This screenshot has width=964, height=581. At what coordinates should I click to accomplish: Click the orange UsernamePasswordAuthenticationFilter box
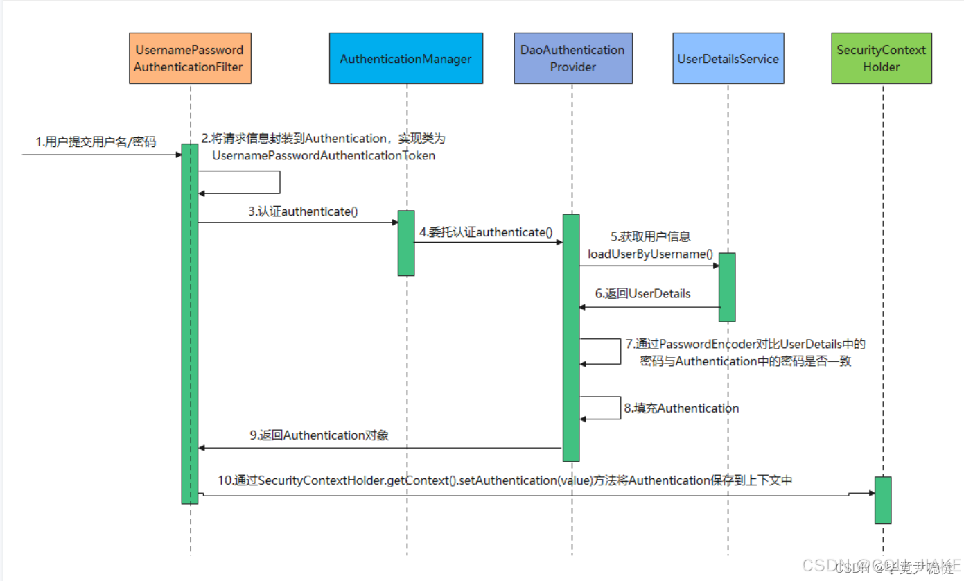coord(190,59)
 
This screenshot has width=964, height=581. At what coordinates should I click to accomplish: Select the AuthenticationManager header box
coord(405,59)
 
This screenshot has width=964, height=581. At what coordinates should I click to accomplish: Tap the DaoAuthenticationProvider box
coord(572,59)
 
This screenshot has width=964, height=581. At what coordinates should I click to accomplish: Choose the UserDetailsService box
coord(728,59)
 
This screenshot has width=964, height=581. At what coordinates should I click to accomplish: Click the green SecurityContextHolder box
coord(881,59)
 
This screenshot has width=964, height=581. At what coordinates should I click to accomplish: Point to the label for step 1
coord(96,142)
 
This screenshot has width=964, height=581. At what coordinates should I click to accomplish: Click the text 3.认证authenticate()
coord(304,211)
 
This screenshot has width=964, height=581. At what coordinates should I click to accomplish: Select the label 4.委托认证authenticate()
coord(485,232)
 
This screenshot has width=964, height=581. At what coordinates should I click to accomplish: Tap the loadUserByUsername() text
coord(650,254)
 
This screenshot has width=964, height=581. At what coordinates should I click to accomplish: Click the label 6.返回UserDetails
coord(642,293)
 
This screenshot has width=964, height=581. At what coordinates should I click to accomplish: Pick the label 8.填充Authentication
coord(681,408)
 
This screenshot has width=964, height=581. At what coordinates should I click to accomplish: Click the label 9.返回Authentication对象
coord(319,435)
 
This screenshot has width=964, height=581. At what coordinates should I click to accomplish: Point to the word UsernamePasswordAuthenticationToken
coord(324,156)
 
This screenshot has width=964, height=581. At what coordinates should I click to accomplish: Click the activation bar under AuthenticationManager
coord(406,243)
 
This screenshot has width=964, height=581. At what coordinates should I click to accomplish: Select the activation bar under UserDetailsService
coord(726,287)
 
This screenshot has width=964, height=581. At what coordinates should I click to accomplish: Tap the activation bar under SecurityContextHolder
coord(882,499)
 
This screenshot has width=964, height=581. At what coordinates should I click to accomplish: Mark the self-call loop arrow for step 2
coord(279,182)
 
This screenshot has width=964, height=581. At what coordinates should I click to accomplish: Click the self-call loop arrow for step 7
coord(620,352)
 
